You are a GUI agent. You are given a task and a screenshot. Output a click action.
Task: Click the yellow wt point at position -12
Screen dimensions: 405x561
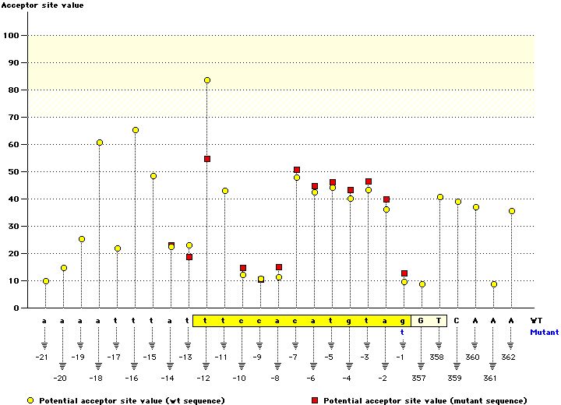207,80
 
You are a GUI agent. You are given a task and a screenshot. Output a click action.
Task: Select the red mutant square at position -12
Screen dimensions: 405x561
207,159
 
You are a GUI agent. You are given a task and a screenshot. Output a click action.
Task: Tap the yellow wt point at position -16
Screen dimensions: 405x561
136,130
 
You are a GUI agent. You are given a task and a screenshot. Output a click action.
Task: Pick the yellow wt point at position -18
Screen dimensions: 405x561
100,143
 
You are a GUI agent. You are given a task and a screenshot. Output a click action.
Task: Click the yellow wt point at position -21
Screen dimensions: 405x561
46,281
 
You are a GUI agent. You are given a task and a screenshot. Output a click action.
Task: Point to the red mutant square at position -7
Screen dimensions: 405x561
297,170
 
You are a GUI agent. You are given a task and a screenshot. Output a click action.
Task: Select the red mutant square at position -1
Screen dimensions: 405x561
404,273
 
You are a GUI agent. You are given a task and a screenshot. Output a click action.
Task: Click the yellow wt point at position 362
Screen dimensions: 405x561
512,211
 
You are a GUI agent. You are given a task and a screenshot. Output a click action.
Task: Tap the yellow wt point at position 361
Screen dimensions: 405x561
494,284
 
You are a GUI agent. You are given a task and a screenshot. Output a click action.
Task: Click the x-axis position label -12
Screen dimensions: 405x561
203,378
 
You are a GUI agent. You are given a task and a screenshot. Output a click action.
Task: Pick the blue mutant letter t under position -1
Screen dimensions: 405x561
403,331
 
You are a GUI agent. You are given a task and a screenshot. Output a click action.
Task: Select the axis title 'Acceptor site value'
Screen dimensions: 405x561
42,5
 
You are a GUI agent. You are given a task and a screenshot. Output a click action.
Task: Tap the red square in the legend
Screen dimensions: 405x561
316,400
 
